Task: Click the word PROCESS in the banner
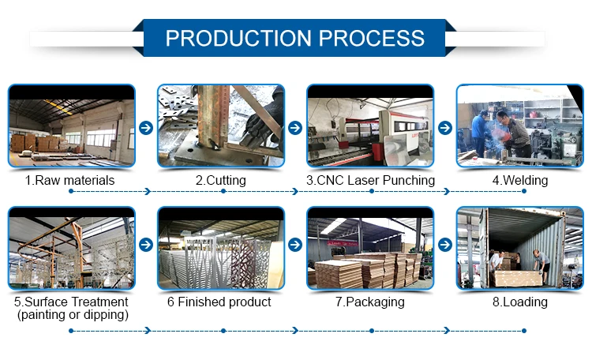click(x=374, y=38)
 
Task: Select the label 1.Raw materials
click(x=69, y=180)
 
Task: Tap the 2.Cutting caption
click(x=220, y=180)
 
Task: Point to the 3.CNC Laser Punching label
click(x=370, y=180)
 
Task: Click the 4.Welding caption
click(x=519, y=180)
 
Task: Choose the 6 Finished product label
click(x=220, y=302)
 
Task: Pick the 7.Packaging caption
click(x=370, y=302)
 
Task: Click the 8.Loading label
click(x=519, y=302)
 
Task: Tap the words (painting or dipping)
click(x=70, y=315)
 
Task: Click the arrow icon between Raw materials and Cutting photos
click(x=145, y=127)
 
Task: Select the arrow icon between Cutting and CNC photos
click(x=295, y=127)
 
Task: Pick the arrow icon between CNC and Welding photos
click(x=445, y=127)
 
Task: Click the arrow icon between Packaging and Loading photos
click(x=445, y=245)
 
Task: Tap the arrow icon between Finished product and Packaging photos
click(x=295, y=245)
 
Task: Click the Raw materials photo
click(x=71, y=126)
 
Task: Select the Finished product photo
click(x=220, y=248)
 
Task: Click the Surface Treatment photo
click(x=71, y=248)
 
